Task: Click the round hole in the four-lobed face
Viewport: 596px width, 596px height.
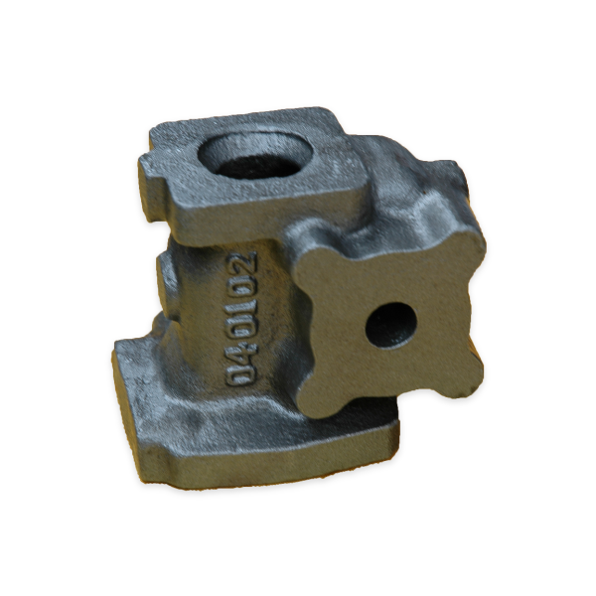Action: [391, 326]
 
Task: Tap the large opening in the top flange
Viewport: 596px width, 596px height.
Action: [256, 156]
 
